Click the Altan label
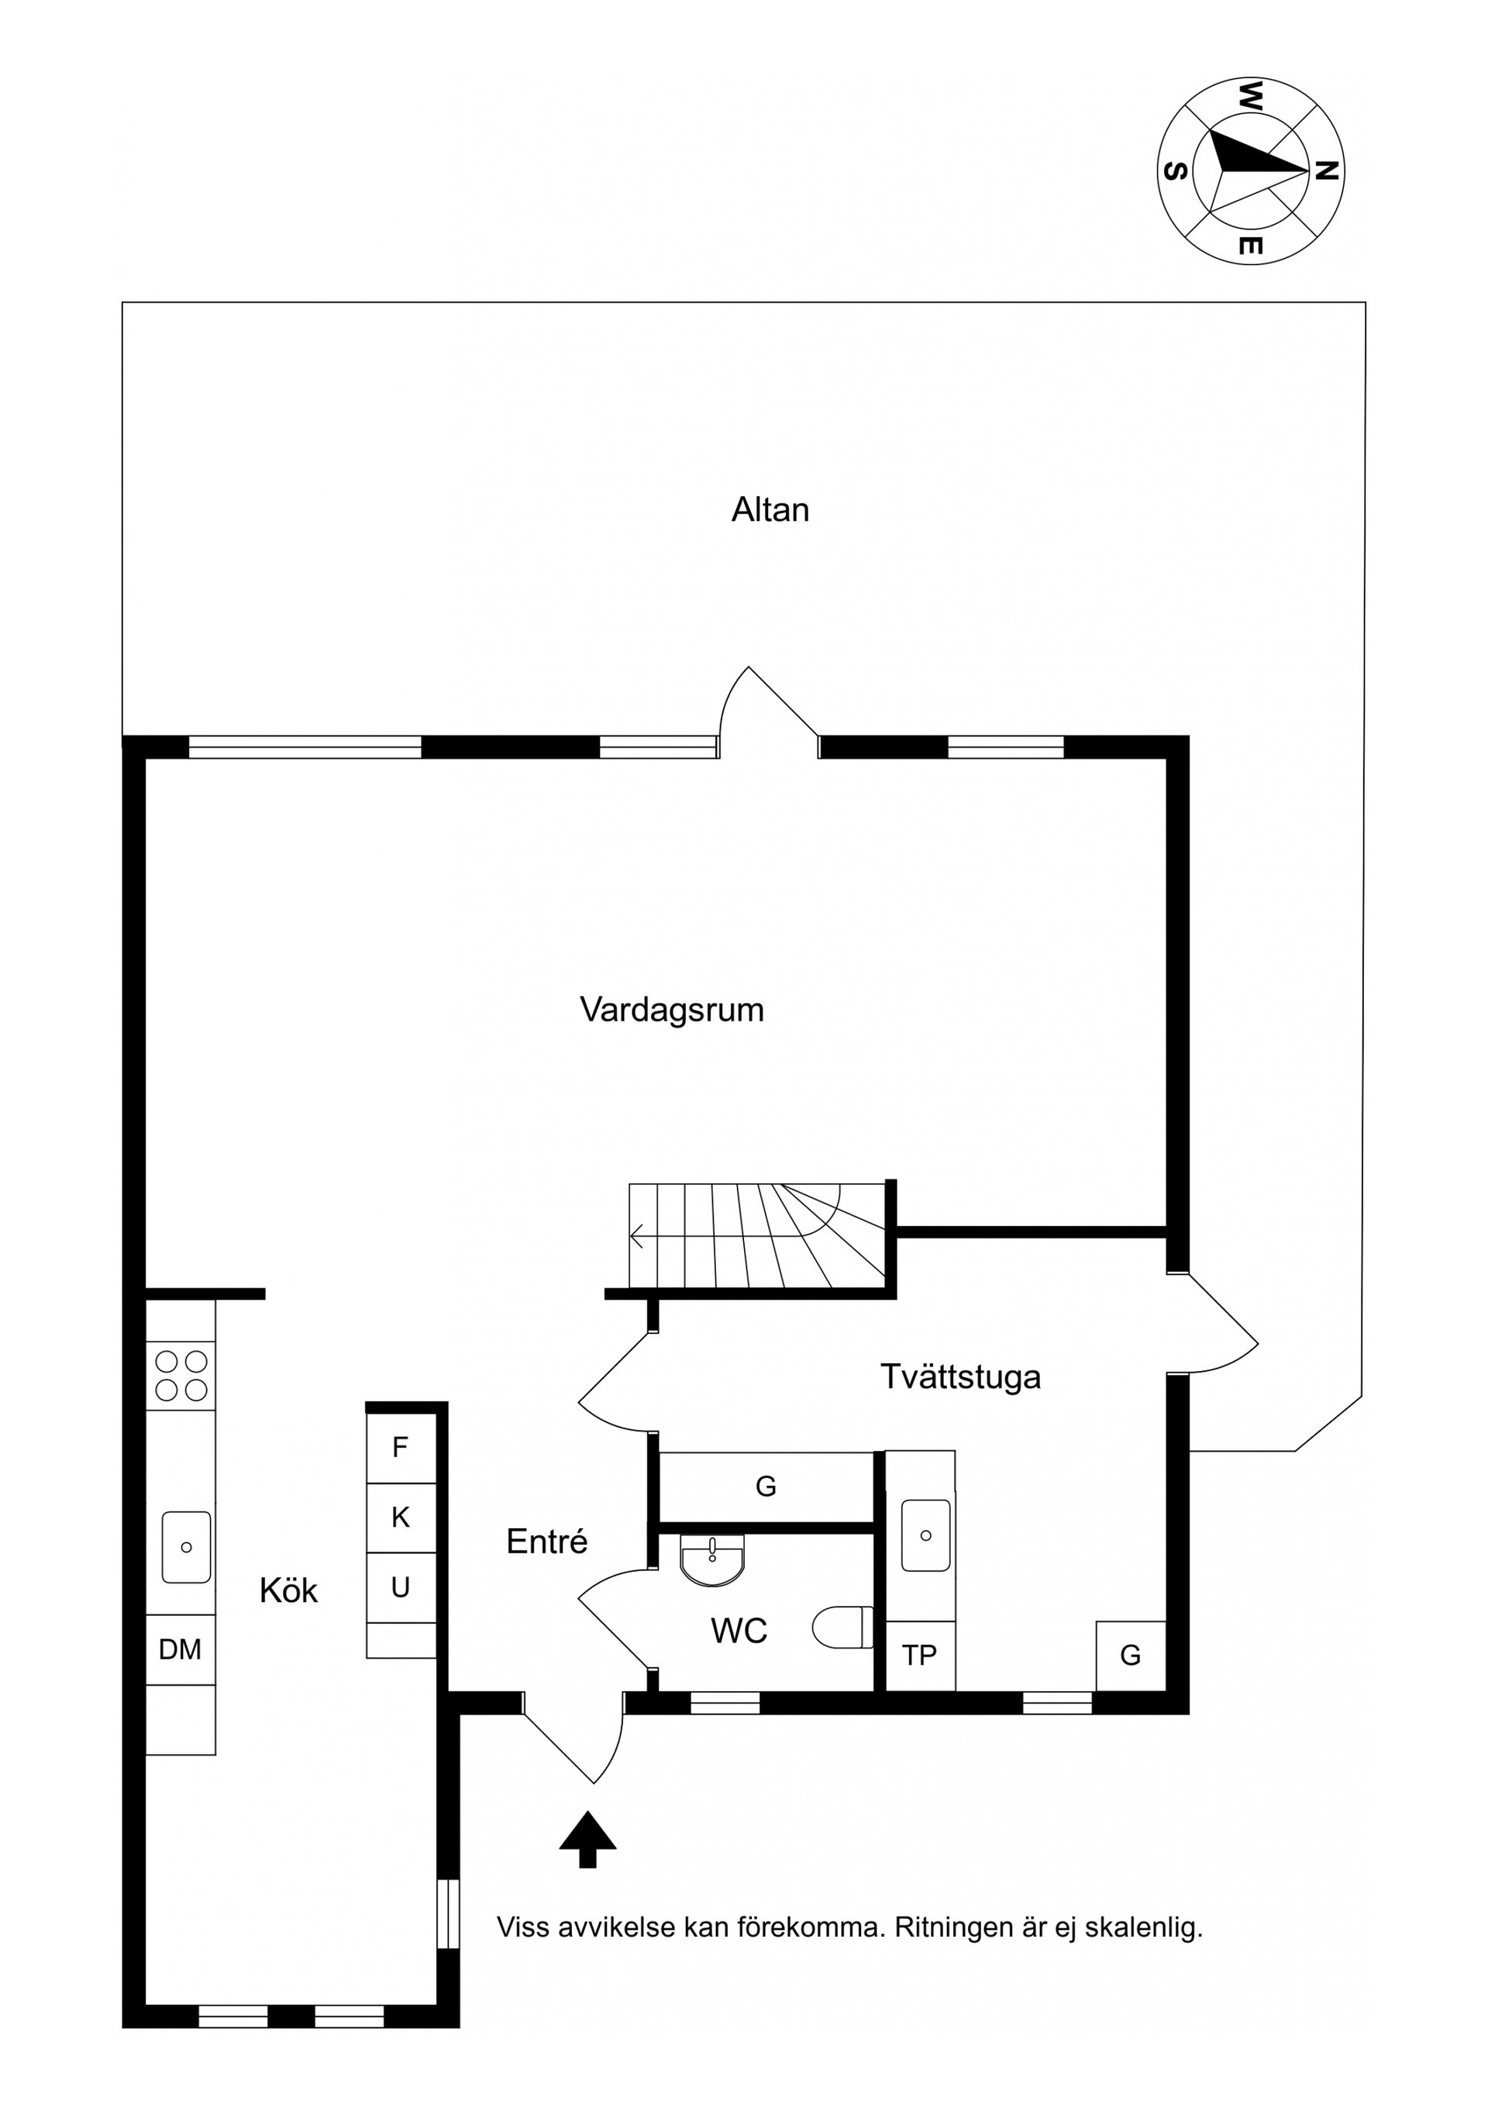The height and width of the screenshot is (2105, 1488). pyautogui.click(x=770, y=510)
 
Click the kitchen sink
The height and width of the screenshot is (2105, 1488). pyautogui.click(x=186, y=1547)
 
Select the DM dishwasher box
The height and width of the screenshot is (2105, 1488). pyautogui.click(x=180, y=1649)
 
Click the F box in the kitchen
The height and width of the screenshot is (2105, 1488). pyautogui.click(x=400, y=1448)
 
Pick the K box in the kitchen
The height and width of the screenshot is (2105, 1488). pyautogui.click(x=400, y=1518)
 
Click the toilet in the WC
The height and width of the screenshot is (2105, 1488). pyautogui.click(x=842, y=1627)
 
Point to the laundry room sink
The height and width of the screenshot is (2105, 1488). pyautogui.click(x=925, y=1535)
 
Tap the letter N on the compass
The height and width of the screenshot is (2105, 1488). pyautogui.click(x=1326, y=171)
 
